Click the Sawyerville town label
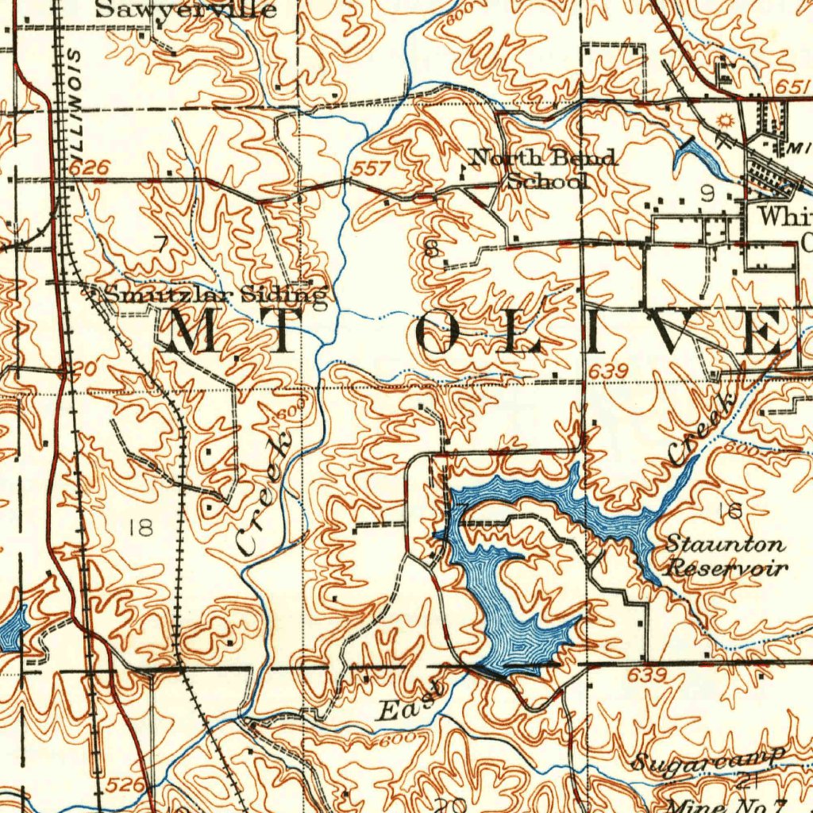click(186, 10)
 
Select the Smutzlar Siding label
click(215, 295)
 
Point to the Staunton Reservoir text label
click(726, 556)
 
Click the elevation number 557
click(371, 169)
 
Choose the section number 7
click(160, 245)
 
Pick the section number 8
click(432, 249)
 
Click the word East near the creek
click(410, 703)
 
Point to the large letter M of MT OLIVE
click(193, 332)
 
